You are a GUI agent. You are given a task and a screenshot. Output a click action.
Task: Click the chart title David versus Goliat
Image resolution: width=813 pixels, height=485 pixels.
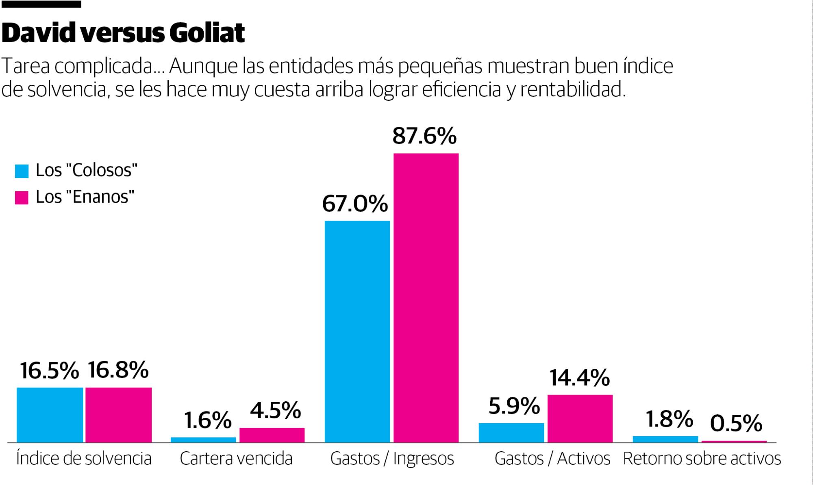click(123, 33)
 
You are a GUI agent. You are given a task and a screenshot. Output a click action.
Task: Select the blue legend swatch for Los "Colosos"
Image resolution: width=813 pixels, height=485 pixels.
click(22, 171)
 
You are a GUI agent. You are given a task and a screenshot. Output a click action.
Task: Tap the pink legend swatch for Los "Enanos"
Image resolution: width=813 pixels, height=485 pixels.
click(22, 197)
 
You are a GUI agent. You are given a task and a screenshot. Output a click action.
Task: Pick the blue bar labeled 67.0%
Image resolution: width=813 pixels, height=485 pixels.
click(357, 331)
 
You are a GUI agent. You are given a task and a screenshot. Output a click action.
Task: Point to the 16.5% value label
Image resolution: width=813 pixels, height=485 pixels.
click(49, 370)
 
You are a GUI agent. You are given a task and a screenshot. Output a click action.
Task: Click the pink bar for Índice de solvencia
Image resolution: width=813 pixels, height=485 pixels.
click(118, 415)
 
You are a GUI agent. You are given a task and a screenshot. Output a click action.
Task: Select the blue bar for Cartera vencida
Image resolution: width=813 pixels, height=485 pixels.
click(203, 440)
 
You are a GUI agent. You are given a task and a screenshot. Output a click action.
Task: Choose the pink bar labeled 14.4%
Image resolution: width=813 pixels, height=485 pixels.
click(580, 418)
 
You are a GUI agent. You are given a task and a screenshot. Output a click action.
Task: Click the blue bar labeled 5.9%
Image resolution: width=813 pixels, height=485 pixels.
click(511, 433)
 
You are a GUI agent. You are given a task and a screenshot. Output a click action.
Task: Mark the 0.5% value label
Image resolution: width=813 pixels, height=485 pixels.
click(736, 423)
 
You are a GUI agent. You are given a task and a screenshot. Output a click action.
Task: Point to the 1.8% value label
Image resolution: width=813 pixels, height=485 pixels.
click(669, 419)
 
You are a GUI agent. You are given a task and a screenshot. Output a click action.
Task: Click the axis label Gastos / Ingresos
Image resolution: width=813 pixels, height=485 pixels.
click(392, 459)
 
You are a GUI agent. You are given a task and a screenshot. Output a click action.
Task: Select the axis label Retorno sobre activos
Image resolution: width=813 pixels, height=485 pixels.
click(702, 459)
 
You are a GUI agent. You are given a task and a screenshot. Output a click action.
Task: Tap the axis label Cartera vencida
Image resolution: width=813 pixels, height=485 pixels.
click(236, 459)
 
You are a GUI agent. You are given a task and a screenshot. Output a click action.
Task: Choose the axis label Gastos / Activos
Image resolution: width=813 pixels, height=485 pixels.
click(552, 459)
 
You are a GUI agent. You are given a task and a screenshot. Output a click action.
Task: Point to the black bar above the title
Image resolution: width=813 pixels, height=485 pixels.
click(41, 4)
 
